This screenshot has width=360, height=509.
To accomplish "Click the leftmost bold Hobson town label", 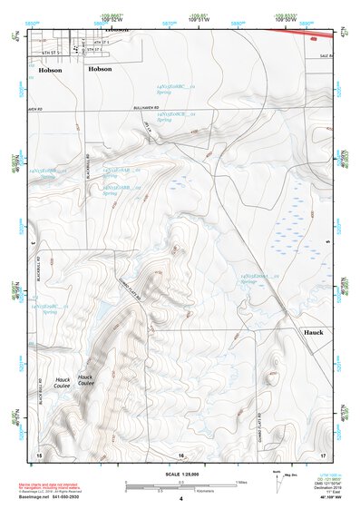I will click(x=50, y=68).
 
